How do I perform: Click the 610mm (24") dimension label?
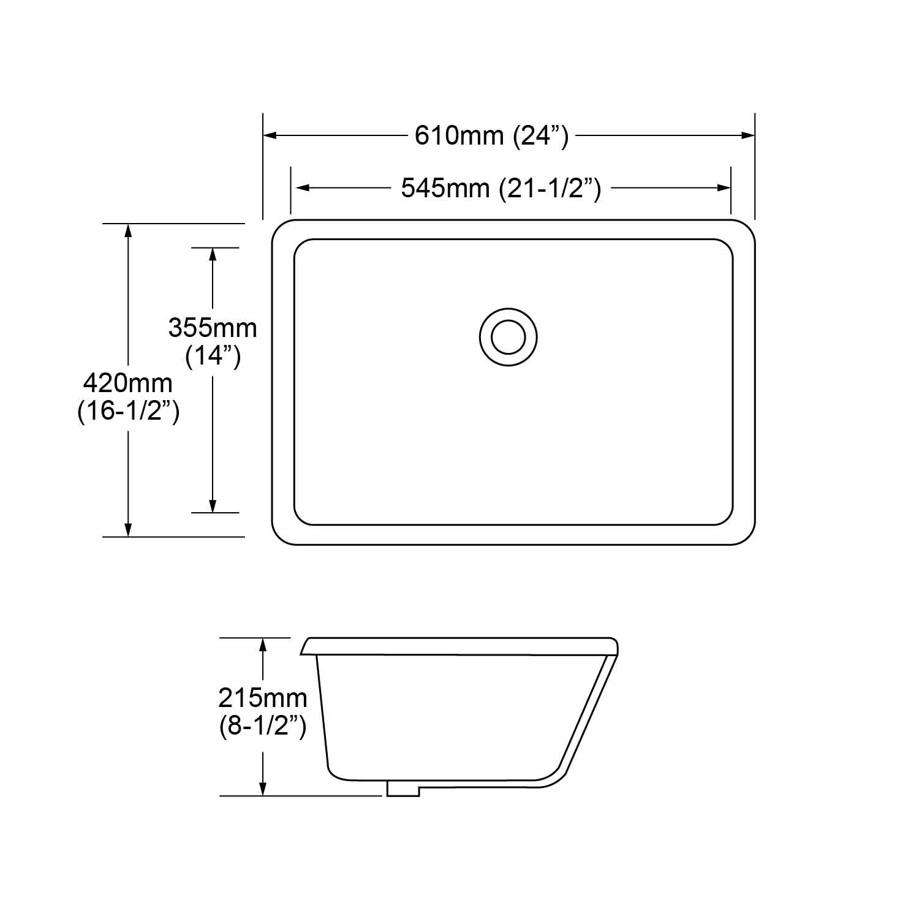(492, 135)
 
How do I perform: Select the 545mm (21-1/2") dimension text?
(501, 188)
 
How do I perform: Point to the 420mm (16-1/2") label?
(128, 397)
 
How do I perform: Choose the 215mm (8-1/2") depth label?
(263, 712)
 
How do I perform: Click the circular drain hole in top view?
(508, 338)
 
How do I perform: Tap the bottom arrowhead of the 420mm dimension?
(128, 530)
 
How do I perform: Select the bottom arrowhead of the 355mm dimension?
(213, 506)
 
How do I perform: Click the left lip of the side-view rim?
(306, 647)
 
